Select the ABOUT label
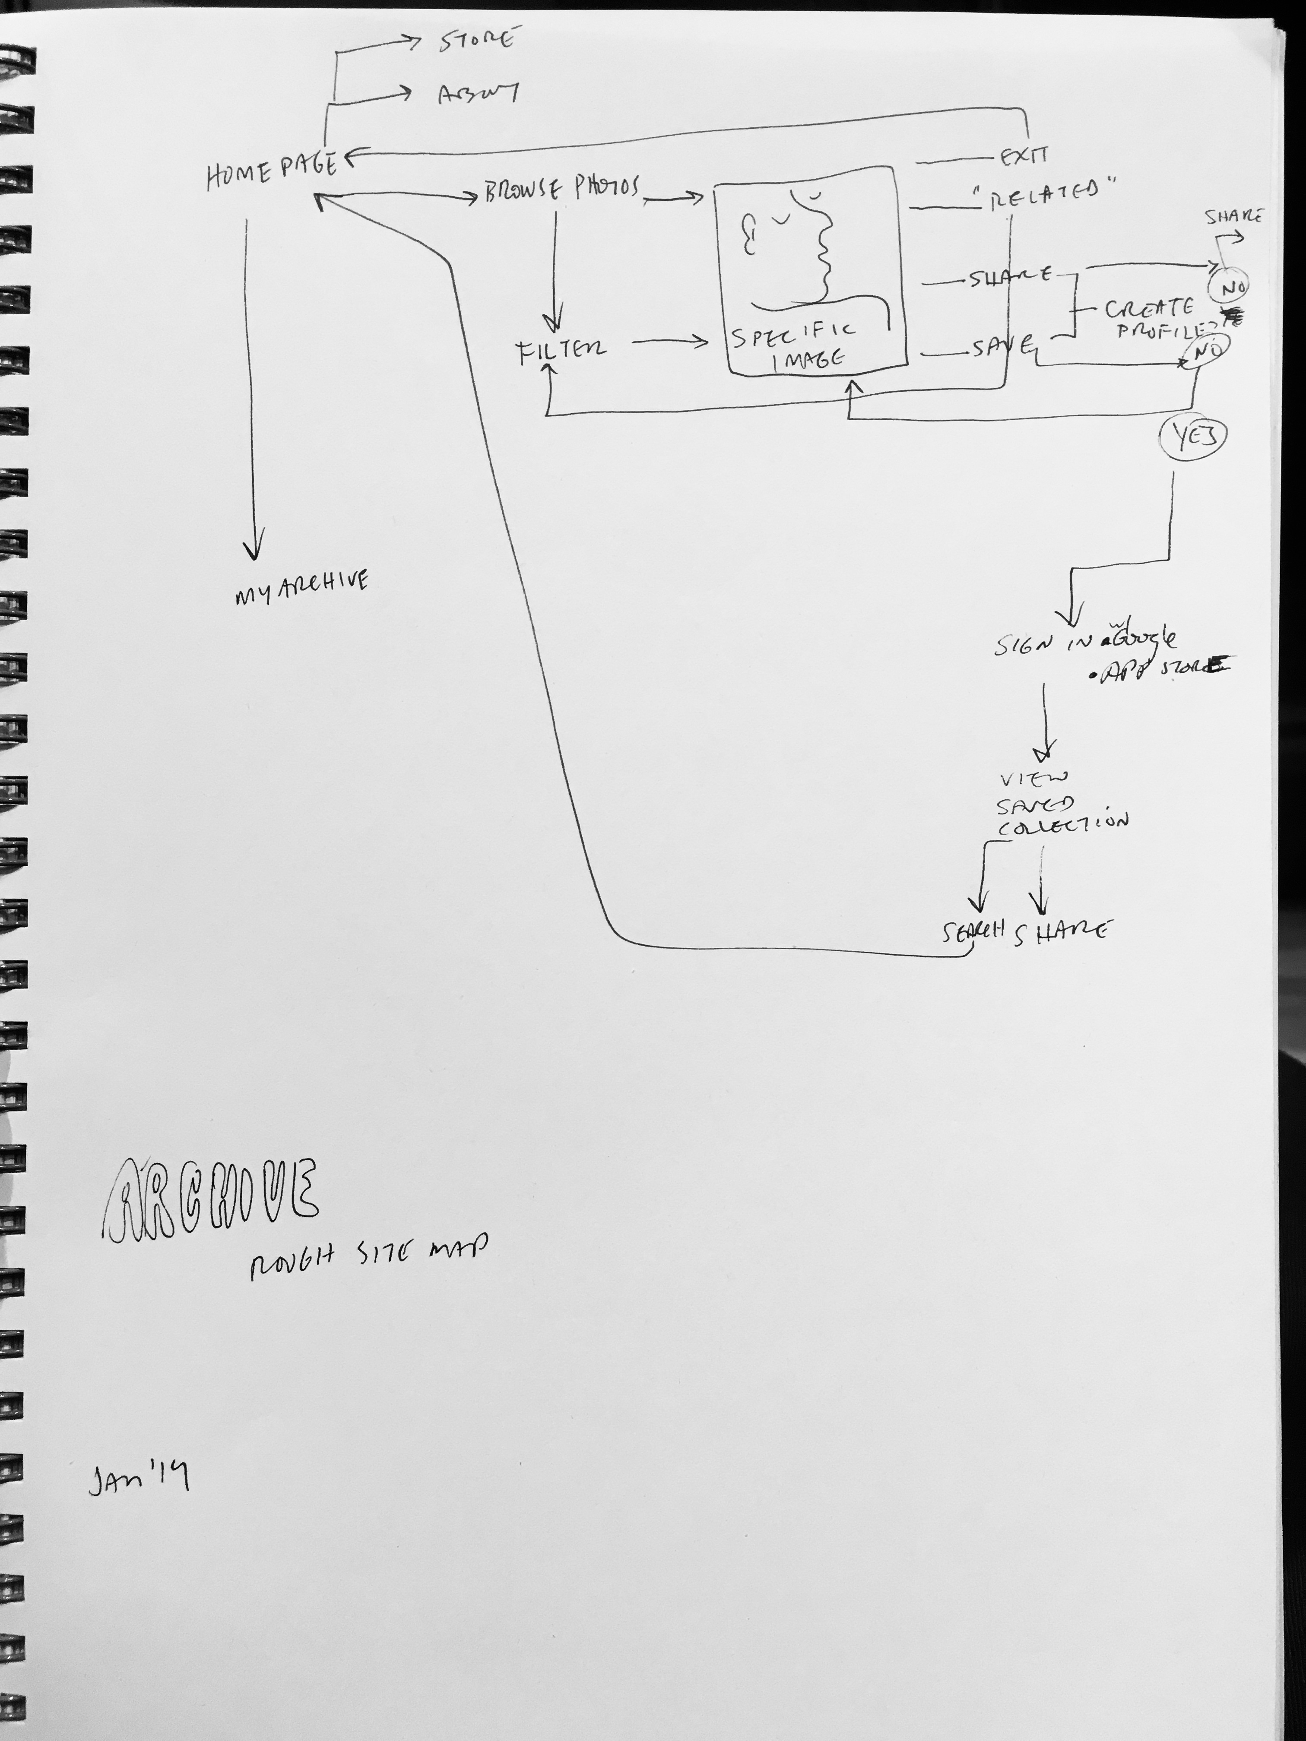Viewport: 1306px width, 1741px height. (477, 95)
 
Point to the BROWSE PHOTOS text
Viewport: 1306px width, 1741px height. (562, 190)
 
